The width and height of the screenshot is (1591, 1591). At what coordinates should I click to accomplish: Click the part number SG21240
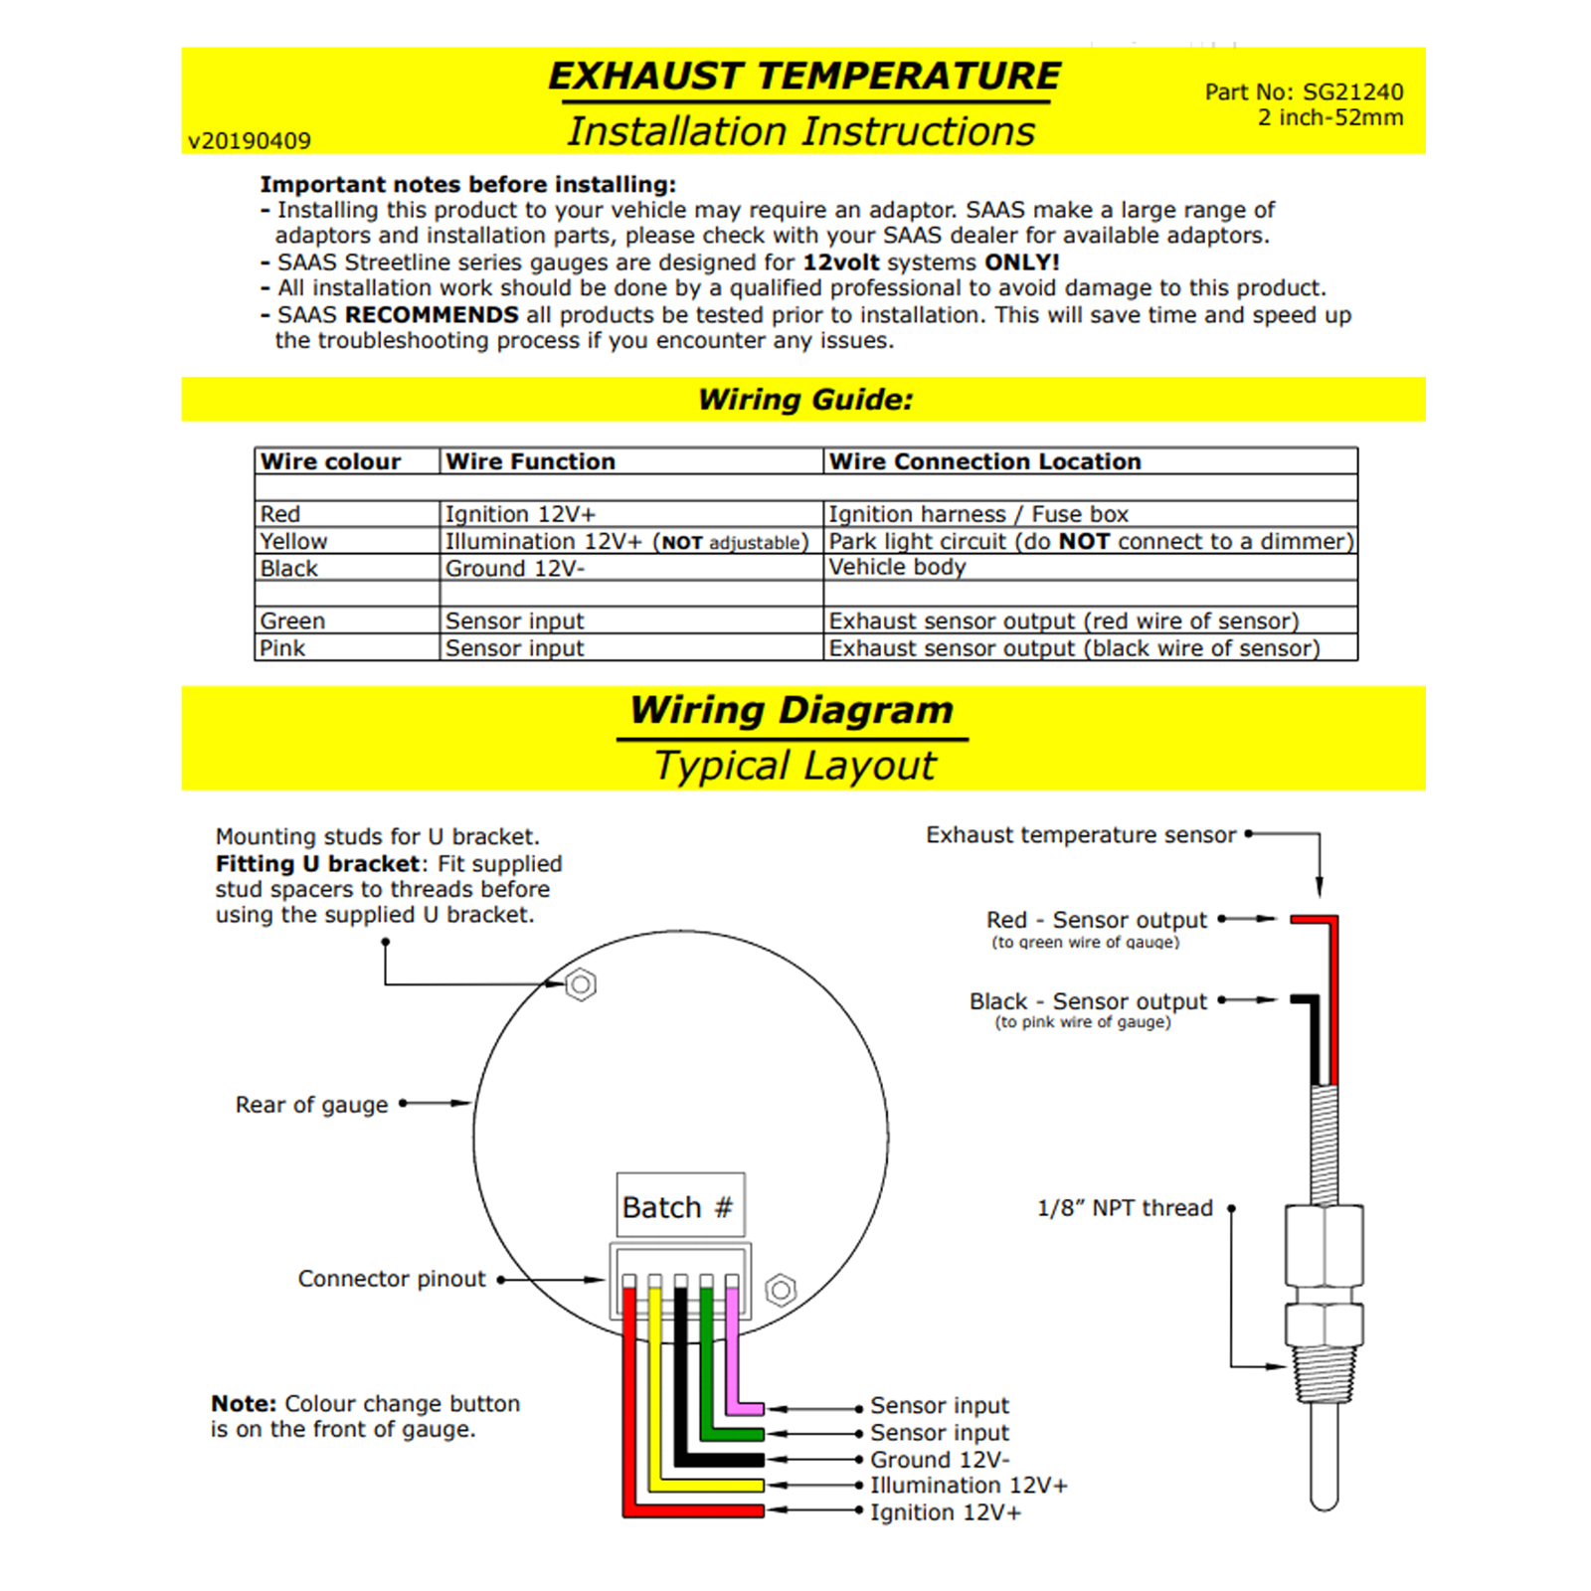pyautogui.click(x=1352, y=91)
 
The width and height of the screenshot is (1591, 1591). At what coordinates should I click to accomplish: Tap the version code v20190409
pyautogui.click(x=250, y=141)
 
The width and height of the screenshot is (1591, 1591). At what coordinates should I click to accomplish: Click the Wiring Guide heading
pyautogui.click(x=804, y=400)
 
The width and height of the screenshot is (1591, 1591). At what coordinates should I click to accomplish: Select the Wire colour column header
pyautogui.click(x=330, y=461)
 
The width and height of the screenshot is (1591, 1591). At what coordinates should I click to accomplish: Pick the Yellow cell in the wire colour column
pyautogui.click(x=293, y=541)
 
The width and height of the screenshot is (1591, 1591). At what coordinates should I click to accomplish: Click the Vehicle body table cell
pyautogui.click(x=897, y=567)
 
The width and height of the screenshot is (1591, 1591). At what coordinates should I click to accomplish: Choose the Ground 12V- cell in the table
pyautogui.click(x=514, y=568)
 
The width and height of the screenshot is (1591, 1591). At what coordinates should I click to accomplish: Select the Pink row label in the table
pyautogui.click(x=282, y=647)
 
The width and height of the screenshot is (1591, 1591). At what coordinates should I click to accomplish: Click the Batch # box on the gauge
pyautogui.click(x=679, y=1206)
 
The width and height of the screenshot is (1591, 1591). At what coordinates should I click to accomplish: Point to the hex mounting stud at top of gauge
pyautogui.click(x=581, y=984)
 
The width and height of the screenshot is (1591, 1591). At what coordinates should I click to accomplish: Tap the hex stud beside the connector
pyautogui.click(x=781, y=1291)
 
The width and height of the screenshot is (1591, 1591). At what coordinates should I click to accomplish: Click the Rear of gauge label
pyautogui.click(x=311, y=1105)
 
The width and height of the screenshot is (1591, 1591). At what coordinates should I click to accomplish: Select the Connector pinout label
pyautogui.click(x=392, y=1279)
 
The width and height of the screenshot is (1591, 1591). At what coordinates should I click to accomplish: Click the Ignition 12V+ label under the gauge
pyautogui.click(x=945, y=1512)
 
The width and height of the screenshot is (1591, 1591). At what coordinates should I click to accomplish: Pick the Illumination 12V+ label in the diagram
pyautogui.click(x=969, y=1486)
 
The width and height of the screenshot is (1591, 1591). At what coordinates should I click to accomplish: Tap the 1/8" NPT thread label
pyautogui.click(x=1125, y=1208)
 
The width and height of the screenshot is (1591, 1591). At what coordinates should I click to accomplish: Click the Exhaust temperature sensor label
pyautogui.click(x=1080, y=835)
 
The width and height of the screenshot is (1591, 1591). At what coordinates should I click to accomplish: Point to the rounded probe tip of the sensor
pyautogui.click(x=1324, y=1497)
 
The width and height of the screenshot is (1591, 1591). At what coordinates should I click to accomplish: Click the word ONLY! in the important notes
pyautogui.click(x=1021, y=263)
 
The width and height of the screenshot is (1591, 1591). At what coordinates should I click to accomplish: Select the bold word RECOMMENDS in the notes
pyautogui.click(x=431, y=315)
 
